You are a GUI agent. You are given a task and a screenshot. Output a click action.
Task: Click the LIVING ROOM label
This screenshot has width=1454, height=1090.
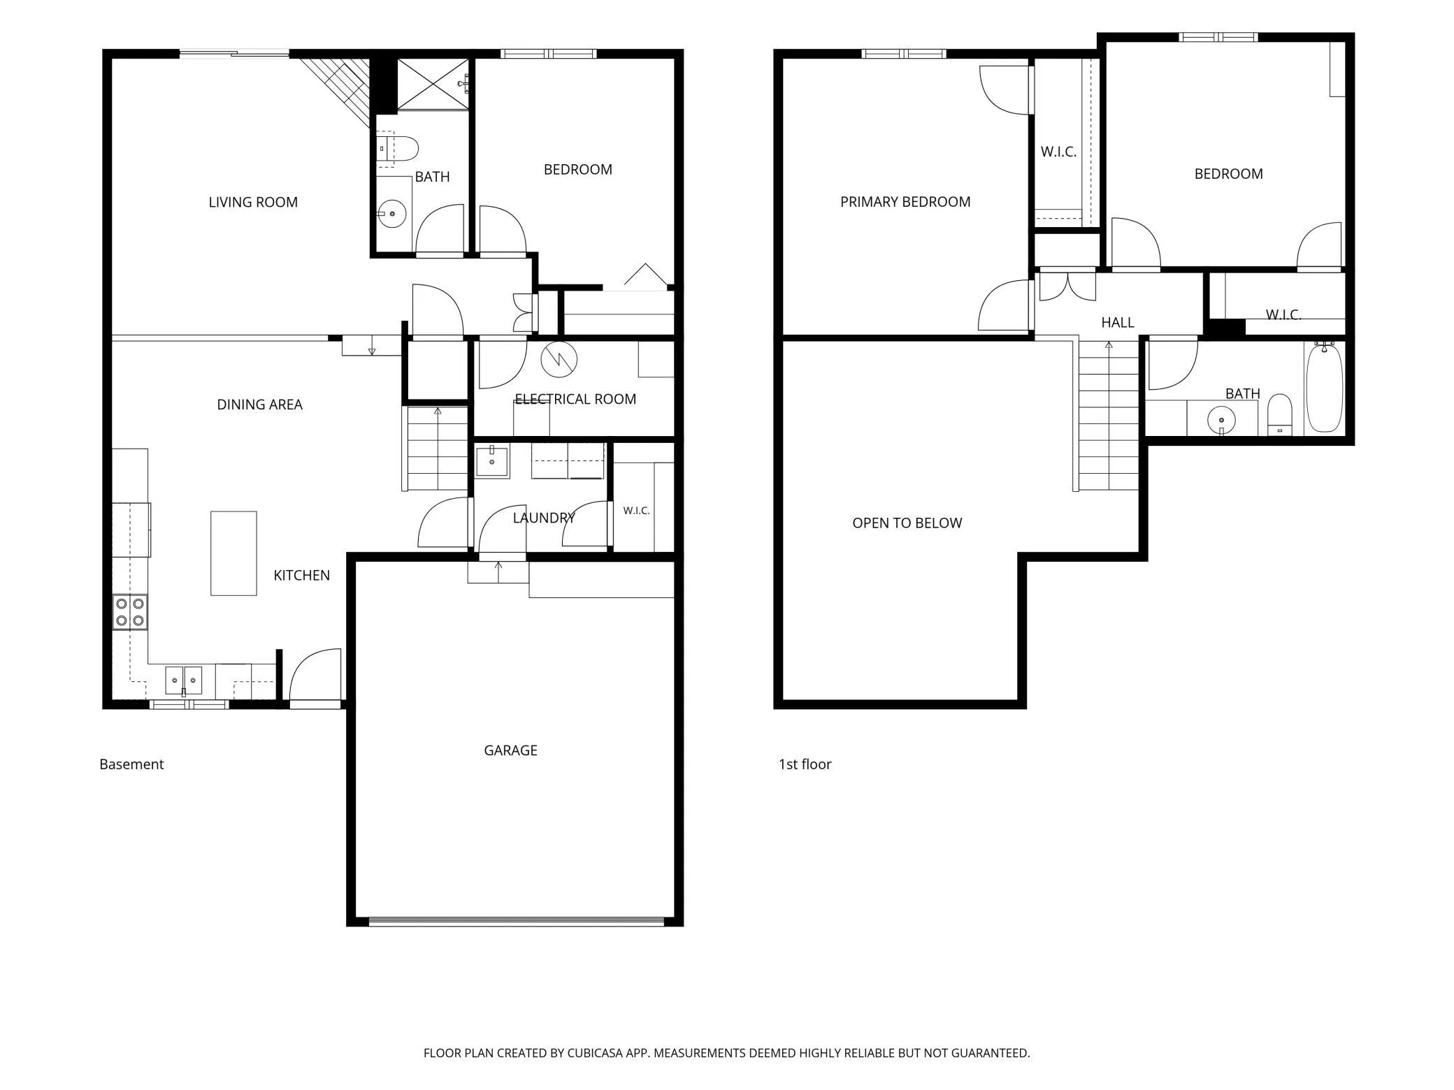(x=253, y=202)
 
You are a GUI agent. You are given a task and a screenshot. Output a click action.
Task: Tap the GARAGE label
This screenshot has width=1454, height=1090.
(x=510, y=750)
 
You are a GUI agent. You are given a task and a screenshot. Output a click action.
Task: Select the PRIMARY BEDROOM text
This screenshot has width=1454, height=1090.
(x=905, y=202)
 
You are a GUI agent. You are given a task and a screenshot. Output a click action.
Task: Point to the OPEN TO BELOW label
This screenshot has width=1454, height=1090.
(x=907, y=523)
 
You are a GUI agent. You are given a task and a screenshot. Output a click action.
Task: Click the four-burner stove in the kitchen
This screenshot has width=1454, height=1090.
(x=131, y=612)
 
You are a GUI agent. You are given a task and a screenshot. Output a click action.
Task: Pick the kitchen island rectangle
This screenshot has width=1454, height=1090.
(x=233, y=553)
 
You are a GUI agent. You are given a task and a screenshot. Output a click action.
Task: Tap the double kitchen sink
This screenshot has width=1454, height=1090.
(x=184, y=680)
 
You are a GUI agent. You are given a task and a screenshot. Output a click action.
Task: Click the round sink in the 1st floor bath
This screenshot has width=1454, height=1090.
(x=1221, y=421)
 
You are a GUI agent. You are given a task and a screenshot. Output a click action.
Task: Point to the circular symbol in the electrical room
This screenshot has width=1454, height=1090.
(x=559, y=359)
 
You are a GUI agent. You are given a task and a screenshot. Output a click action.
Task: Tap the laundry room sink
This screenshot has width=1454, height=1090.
(x=492, y=461)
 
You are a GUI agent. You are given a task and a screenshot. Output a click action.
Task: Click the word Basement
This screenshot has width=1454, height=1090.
(x=131, y=764)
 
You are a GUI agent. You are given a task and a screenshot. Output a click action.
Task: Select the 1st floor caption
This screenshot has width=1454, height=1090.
(x=805, y=764)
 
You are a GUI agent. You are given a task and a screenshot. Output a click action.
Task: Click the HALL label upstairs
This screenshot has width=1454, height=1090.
(x=1118, y=323)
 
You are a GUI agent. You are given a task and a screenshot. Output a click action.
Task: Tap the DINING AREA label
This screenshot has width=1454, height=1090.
(x=259, y=405)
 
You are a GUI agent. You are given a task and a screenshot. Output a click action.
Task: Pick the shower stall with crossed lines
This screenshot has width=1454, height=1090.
(x=433, y=84)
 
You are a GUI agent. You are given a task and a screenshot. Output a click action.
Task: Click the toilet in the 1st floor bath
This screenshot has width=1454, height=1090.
(x=1280, y=415)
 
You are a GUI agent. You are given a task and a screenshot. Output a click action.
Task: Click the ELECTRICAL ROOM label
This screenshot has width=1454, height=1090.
(x=575, y=399)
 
